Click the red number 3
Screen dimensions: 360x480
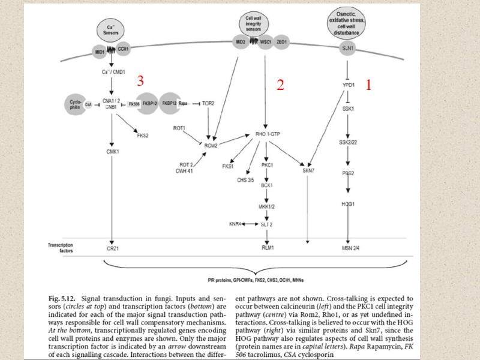click(x=140, y=80)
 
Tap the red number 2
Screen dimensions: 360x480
click(x=280, y=85)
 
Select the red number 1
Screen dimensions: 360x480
click(x=369, y=86)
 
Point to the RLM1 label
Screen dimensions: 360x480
click(x=268, y=247)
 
